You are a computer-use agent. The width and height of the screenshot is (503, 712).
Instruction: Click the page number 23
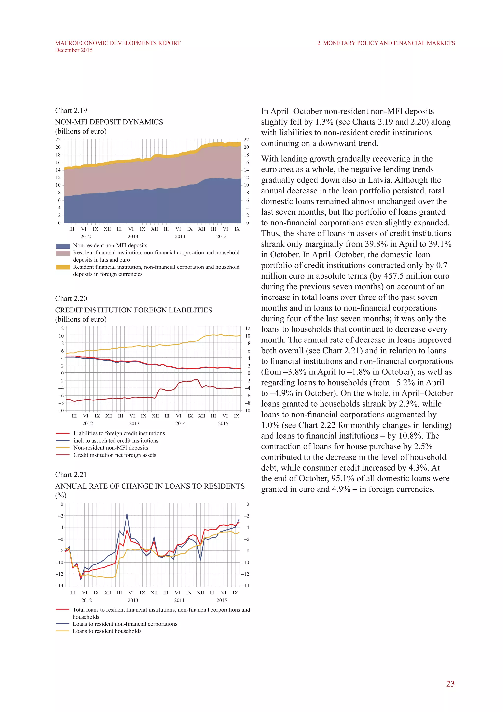[450, 683]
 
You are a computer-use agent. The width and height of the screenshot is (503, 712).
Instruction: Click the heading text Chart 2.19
[71, 111]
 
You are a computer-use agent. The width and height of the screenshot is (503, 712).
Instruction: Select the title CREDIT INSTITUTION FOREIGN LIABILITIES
[134, 310]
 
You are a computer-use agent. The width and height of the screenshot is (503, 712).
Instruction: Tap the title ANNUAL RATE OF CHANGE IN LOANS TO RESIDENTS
[150, 486]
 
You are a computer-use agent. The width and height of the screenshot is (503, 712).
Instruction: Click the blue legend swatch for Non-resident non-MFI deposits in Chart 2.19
[63, 246]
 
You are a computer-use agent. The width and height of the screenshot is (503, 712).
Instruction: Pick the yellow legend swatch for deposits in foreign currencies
[63, 267]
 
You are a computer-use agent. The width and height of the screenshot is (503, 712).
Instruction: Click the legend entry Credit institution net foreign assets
[115, 455]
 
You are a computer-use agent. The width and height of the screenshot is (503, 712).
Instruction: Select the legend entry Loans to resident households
[107, 631]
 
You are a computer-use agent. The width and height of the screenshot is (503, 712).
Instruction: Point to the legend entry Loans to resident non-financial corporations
[125, 624]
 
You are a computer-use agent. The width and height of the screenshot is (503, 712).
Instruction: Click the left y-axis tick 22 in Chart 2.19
[58, 140]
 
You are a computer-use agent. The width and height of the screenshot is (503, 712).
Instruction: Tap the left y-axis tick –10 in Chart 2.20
[59, 411]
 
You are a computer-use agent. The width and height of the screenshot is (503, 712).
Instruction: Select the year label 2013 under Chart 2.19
[133, 236]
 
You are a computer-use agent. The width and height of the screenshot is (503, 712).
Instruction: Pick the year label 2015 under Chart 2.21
[222, 600]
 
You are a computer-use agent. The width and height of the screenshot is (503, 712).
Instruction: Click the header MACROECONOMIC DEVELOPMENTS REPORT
[118, 43]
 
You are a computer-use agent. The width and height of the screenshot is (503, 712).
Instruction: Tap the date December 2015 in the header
[74, 50]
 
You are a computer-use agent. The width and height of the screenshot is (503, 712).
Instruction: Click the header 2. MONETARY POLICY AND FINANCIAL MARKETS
[386, 43]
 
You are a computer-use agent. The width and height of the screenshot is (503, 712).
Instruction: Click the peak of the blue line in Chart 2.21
[127, 514]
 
